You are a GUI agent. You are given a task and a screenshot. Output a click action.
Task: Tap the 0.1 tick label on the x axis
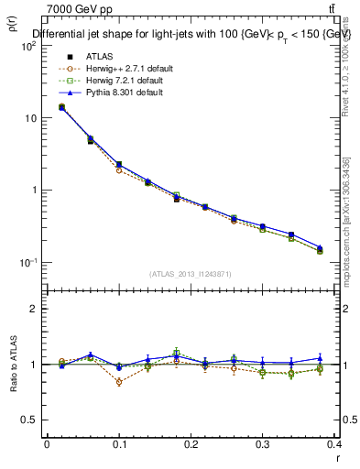pos(119,444)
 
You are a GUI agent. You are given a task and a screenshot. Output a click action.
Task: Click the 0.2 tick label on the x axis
pos(191,444)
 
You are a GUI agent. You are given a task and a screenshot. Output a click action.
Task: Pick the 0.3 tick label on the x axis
pos(264,444)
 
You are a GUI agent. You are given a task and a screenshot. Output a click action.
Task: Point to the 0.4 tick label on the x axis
pos(335,444)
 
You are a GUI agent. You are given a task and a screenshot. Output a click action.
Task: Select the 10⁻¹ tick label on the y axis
pos(27,263)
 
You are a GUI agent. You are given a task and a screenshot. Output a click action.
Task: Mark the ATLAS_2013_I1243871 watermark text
pos(191,274)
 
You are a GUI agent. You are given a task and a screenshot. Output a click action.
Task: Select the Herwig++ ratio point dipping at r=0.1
pos(119,382)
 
